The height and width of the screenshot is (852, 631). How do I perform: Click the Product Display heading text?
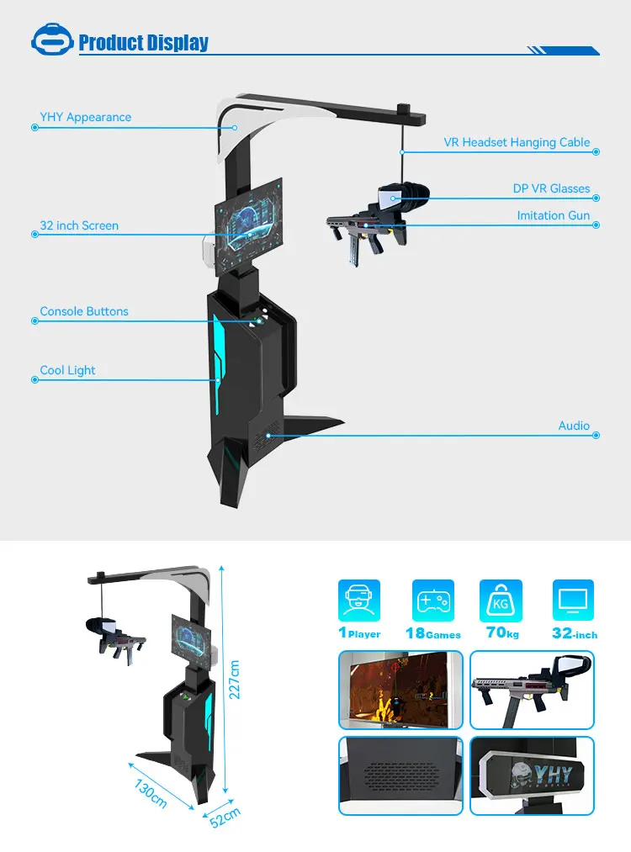pyautogui.click(x=143, y=43)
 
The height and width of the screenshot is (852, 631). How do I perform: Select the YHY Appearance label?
pyautogui.click(x=86, y=117)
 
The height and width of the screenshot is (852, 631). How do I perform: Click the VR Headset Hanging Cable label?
pyautogui.click(x=517, y=142)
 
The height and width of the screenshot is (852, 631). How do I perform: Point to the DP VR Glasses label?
pyautogui.click(x=551, y=188)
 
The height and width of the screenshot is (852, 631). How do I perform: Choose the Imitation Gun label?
pyautogui.click(x=553, y=215)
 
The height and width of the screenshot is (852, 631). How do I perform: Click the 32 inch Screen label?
pyautogui.click(x=79, y=225)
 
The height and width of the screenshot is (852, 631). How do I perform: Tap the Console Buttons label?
pyautogui.click(x=84, y=311)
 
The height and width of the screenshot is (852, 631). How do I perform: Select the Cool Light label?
pyautogui.click(x=67, y=370)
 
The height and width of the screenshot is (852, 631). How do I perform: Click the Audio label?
pyautogui.click(x=574, y=426)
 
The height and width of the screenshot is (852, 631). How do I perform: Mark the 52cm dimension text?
pyautogui.click(x=225, y=818)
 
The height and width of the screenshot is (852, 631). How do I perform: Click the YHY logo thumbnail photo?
pyautogui.click(x=532, y=775)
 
